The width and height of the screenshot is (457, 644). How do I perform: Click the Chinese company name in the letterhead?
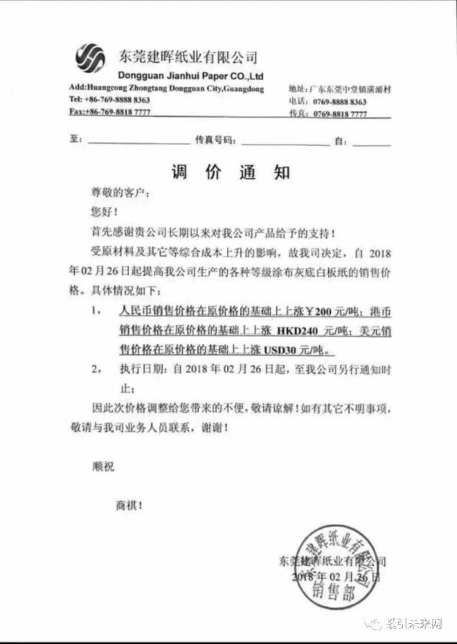click(x=187, y=57)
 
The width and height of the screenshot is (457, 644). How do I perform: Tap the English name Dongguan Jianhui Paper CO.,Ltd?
click(x=190, y=75)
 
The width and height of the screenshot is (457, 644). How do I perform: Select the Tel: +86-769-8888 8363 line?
click(x=110, y=99)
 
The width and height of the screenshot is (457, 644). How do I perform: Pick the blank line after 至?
click(x=137, y=139)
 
